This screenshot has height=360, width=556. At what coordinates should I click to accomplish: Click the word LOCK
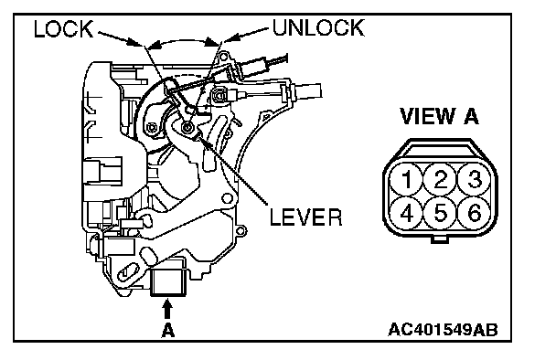pyautogui.click(x=63, y=28)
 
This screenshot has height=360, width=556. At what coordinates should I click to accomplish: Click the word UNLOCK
pyautogui.click(x=318, y=27)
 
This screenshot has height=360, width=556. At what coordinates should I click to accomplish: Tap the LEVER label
pyautogui.click(x=305, y=217)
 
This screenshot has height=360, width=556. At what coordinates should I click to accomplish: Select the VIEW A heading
pyautogui.click(x=439, y=116)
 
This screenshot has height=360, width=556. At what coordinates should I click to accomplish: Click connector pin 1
pyautogui.click(x=406, y=179)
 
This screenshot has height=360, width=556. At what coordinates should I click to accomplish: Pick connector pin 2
pyautogui.click(x=440, y=179)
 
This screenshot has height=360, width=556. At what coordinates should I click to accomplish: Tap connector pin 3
pyautogui.click(x=474, y=179)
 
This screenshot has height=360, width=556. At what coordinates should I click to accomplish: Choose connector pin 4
pyautogui.click(x=406, y=213)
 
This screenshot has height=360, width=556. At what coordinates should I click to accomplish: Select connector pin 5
pyautogui.click(x=440, y=213)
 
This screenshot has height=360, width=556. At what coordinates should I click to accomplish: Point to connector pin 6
pyautogui.click(x=474, y=213)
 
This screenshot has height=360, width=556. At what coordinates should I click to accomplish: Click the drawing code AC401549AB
pyautogui.click(x=443, y=330)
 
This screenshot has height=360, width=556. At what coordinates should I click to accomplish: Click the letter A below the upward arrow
pyautogui.click(x=167, y=330)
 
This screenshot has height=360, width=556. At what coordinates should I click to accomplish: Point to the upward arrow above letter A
pyautogui.click(x=167, y=309)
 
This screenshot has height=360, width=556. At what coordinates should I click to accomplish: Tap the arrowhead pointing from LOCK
pyautogui.click(x=134, y=41)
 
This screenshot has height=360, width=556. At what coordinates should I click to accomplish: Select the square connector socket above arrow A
pyautogui.click(x=168, y=281)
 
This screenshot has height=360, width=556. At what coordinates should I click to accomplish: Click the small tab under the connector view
pyautogui.click(x=441, y=239)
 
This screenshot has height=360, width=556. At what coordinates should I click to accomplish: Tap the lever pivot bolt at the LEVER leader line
pyautogui.click(x=187, y=126)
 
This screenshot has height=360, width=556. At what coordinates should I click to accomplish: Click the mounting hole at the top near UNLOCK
pyautogui.click(x=223, y=57)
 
